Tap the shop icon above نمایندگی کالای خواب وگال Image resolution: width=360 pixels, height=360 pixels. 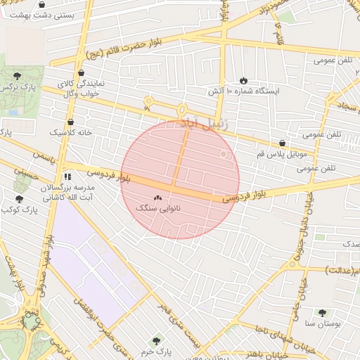[81, 72]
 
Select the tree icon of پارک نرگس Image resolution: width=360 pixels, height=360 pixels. [17, 75]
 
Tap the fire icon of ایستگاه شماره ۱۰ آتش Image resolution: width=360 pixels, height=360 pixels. [244, 81]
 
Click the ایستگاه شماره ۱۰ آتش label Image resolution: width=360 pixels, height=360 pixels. [243, 92]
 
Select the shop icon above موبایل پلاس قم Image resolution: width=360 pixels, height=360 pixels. [282, 142]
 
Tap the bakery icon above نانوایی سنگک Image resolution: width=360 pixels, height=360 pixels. [157, 199]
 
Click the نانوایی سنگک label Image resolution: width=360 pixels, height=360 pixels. [157, 210]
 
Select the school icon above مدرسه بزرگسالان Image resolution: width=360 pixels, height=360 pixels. [67, 177]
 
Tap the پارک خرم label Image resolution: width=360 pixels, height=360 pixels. [155, 351]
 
